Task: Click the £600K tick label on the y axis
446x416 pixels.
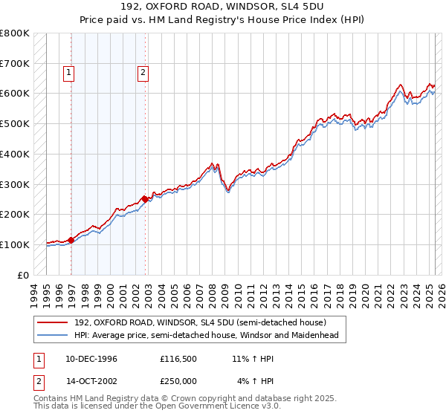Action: click(15, 94)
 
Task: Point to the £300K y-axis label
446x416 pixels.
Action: click(15, 184)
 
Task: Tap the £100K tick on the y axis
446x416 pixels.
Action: click(15, 244)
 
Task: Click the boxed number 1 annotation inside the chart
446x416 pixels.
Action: click(68, 73)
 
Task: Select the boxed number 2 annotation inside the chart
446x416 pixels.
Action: click(141, 73)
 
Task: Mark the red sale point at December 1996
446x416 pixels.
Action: click(71, 240)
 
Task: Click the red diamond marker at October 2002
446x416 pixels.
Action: click(145, 199)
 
